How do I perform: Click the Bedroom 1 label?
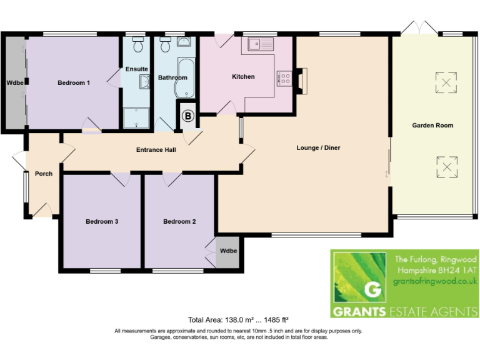[74, 82]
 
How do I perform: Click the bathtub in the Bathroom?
[185, 77]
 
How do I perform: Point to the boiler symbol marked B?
[187, 116]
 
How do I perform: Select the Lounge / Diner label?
[317, 148]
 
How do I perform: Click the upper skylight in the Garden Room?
[446, 83]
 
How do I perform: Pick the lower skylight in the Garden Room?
[446, 167]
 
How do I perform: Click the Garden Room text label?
[432, 126]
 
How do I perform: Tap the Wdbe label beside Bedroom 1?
[14, 82]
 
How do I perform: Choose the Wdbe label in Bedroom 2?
[228, 251]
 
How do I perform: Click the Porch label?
[43, 174]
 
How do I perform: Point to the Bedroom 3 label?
[102, 221]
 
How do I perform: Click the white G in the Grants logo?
[371, 290]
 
